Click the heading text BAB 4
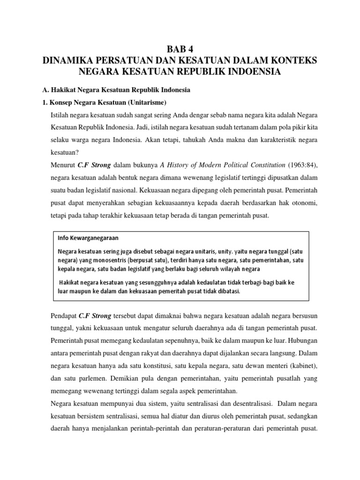180,49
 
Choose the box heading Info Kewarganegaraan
88,237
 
